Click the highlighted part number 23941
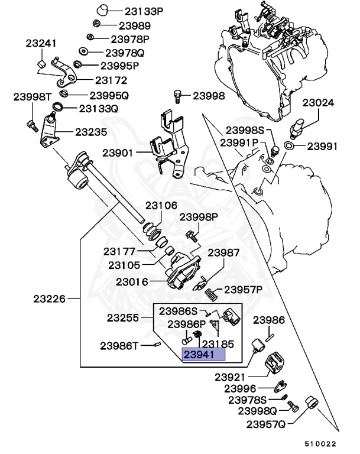click(x=204, y=355)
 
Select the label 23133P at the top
click(x=144, y=11)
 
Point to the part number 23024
click(x=318, y=102)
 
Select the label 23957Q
click(x=266, y=424)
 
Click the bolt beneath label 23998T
click(x=31, y=125)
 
